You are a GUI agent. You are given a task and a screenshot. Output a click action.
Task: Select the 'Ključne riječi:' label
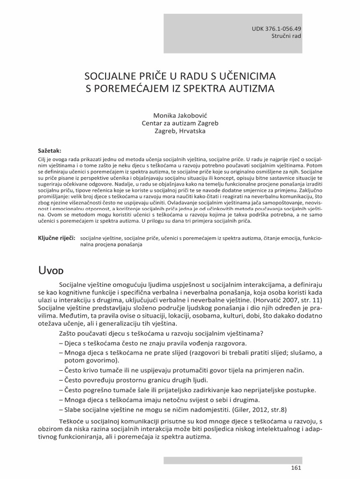click(x=56, y=238)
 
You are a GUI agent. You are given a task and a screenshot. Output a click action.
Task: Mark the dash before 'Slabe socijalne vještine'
click(x=62, y=408)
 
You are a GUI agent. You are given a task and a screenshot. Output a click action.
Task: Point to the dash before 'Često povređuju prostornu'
click(x=62, y=380)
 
